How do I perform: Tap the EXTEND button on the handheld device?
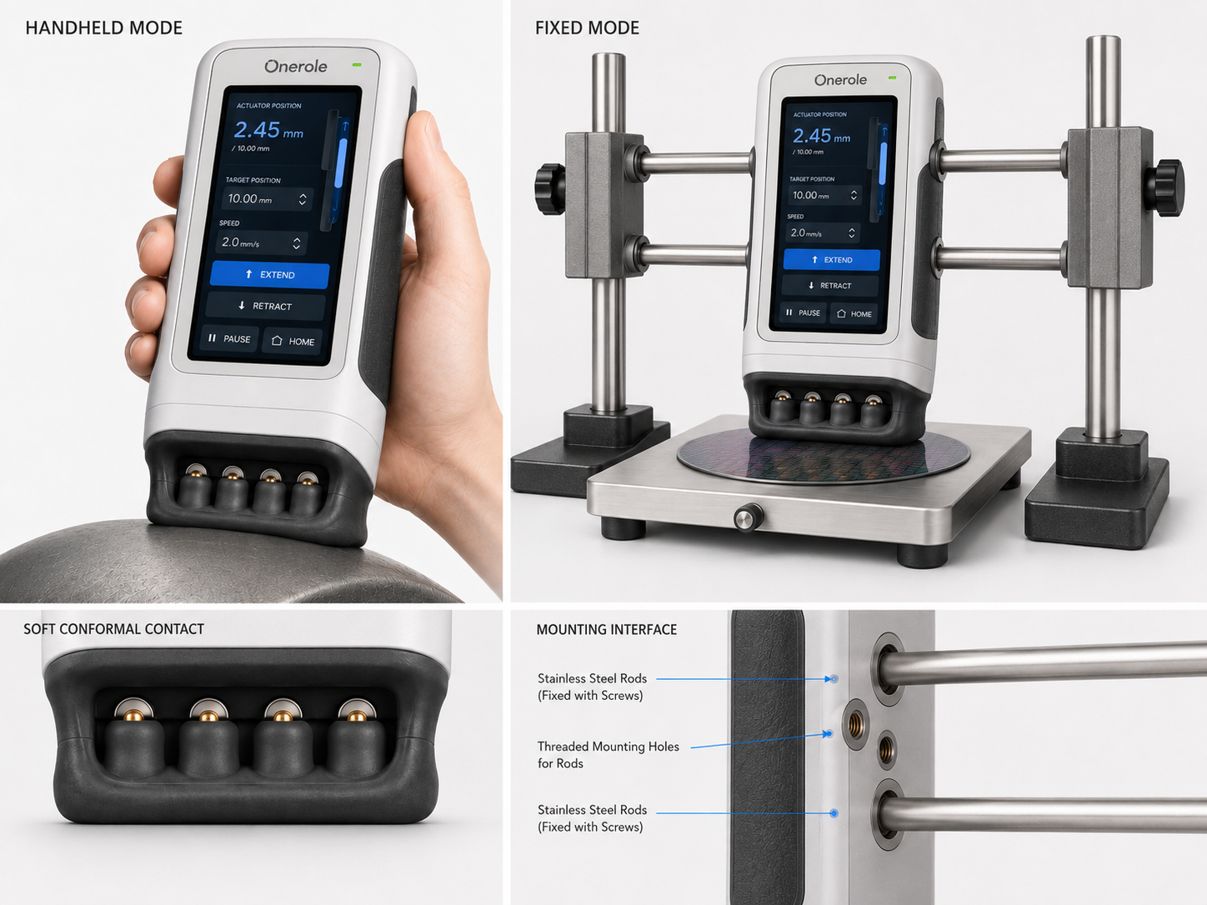click(270, 274)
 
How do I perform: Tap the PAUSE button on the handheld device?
click(229, 338)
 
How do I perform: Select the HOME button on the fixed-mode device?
click(854, 314)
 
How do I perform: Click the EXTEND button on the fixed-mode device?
click(831, 259)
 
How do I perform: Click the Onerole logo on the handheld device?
click(296, 67)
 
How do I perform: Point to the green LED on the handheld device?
click(357, 65)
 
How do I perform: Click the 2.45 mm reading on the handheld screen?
click(268, 130)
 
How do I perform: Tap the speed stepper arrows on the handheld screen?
click(297, 243)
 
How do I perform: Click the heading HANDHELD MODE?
click(104, 28)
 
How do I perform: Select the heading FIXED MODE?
click(587, 28)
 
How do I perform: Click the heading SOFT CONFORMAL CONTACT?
click(114, 628)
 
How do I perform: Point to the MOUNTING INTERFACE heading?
click(607, 629)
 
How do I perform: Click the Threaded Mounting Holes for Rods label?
click(609, 754)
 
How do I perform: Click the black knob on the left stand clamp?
click(548, 187)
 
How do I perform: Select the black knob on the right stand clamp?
click(1166, 187)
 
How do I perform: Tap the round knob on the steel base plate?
click(748, 517)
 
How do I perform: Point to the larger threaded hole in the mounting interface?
click(855, 723)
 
